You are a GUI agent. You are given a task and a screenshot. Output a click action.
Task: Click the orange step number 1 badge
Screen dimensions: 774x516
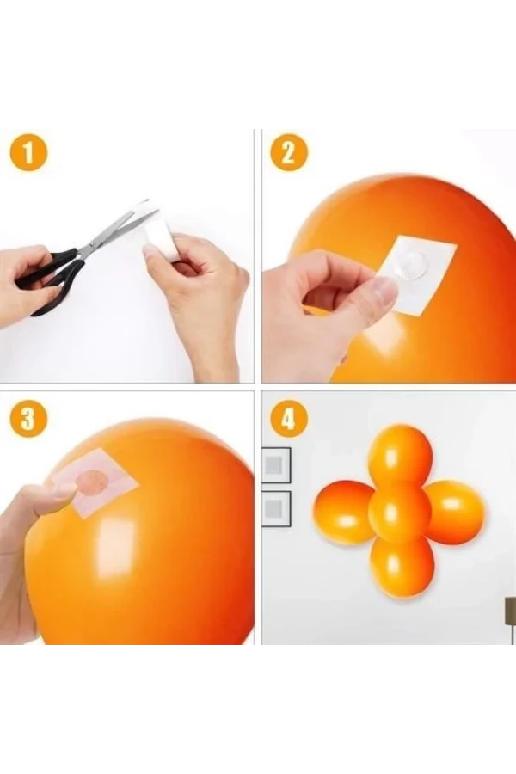coord(29,155)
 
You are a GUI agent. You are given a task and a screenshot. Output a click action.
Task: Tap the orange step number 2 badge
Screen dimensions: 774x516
coord(288,155)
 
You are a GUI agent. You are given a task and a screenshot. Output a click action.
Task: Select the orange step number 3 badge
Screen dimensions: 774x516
coord(29,419)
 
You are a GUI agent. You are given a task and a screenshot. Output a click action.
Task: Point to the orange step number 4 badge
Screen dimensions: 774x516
coord(288,419)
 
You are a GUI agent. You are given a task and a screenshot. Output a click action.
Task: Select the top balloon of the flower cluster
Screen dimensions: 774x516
coord(400,454)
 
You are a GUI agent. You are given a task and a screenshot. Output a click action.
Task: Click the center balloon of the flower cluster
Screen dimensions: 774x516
coord(400,512)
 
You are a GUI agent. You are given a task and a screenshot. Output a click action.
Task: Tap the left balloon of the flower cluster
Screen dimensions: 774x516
coord(344,512)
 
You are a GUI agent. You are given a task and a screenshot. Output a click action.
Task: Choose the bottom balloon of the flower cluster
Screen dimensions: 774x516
coord(401,566)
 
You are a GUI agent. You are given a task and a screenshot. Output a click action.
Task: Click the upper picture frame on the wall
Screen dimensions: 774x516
coord(276,464)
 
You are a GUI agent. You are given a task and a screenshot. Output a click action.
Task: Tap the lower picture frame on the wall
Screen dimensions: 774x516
coord(276,508)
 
